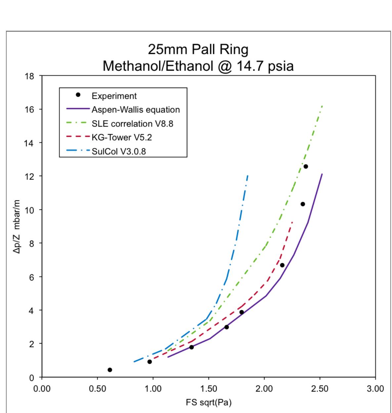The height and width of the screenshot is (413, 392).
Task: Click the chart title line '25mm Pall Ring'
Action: [198, 50]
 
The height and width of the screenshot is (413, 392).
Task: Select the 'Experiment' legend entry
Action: [114, 96]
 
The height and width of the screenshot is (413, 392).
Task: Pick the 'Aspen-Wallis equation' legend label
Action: [136, 110]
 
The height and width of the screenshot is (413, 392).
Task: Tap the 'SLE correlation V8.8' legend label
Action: [132, 124]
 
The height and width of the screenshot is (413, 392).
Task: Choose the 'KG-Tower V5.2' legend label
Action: [122, 138]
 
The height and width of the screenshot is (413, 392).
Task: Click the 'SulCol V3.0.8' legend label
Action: [118, 152]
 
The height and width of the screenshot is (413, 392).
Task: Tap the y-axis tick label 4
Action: [32, 310]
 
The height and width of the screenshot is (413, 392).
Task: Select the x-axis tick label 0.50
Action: [97, 388]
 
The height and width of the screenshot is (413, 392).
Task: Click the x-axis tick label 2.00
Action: [264, 388]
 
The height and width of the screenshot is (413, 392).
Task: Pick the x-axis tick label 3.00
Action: [375, 388]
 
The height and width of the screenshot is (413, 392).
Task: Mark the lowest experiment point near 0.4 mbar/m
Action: [110, 370]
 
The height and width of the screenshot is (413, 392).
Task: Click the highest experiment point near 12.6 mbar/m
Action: [306, 166]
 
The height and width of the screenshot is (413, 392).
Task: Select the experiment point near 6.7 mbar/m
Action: [282, 265]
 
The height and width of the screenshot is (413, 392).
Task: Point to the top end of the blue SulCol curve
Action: [248, 175]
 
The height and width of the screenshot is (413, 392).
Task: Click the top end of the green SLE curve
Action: [322, 106]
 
